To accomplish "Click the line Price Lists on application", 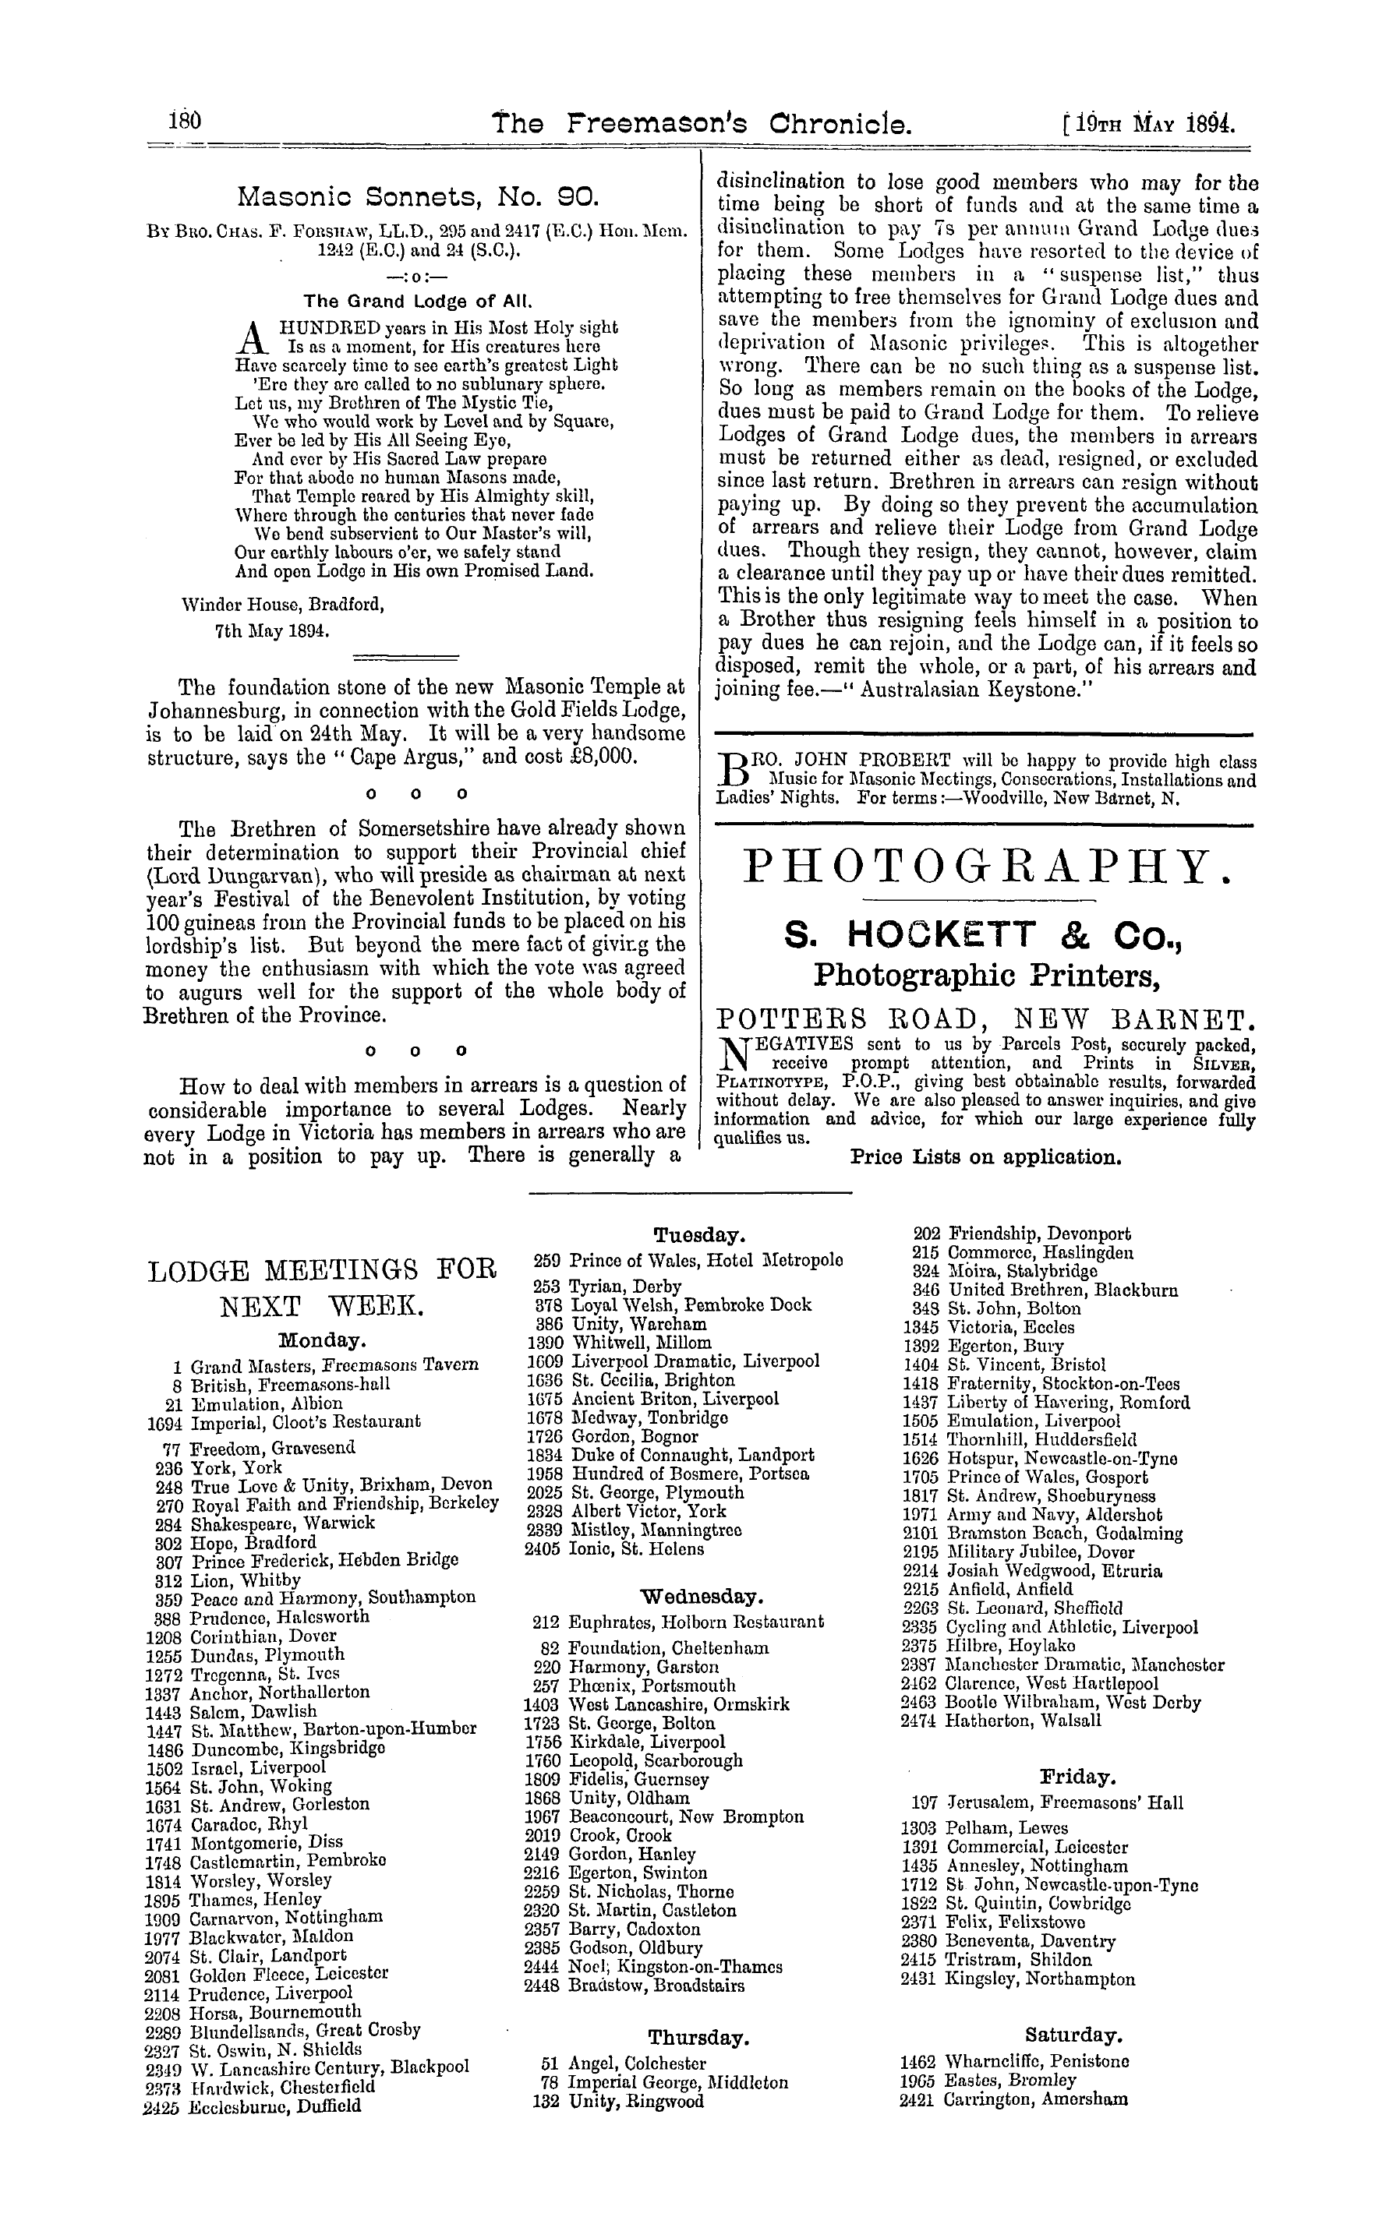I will (x=985, y=1156).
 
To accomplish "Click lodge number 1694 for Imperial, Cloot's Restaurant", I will (x=165, y=1422).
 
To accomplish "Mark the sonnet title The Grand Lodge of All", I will (x=418, y=301).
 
